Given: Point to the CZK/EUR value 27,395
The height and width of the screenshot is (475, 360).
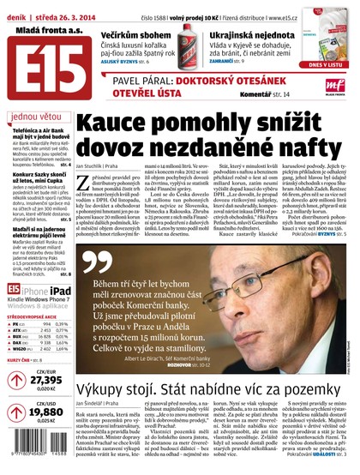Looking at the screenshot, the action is coord(46,379).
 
